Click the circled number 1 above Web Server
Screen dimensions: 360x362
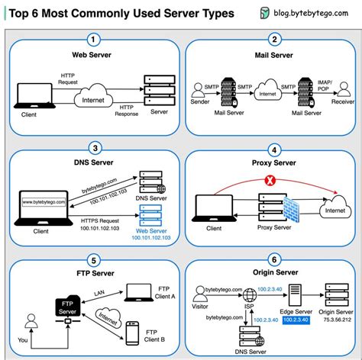click(93, 39)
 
